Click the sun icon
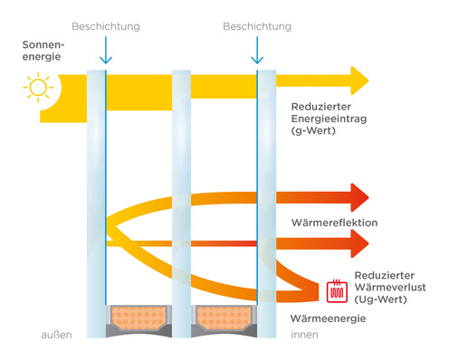point(38,89)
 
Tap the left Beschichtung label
point(105,27)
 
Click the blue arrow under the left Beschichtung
point(105,52)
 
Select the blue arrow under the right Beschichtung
point(257,52)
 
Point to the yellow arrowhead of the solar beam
point(357,81)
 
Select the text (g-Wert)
point(313,130)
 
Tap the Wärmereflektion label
point(333,222)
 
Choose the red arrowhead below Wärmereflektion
point(356,243)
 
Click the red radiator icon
point(337,290)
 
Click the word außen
point(55,336)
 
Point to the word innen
point(303,336)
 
